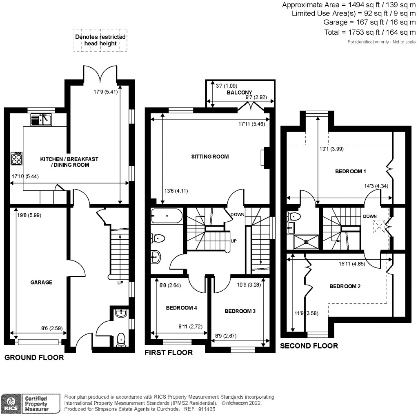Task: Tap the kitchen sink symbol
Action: coord(41,120)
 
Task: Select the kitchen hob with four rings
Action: coord(17,158)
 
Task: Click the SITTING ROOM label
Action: coord(210,157)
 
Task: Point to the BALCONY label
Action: coord(240,93)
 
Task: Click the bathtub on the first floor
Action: coord(167,216)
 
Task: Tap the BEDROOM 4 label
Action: coord(181,308)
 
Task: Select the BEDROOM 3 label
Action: coord(240,311)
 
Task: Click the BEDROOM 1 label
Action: coord(350,172)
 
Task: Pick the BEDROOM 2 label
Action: coord(345,286)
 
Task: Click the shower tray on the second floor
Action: coord(306,241)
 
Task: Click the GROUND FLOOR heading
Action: coord(34,358)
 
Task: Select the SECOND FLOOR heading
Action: coord(309,346)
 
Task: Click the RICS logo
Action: coord(11,402)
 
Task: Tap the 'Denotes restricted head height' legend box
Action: coord(100,40)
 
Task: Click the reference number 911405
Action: coord(207,409)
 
